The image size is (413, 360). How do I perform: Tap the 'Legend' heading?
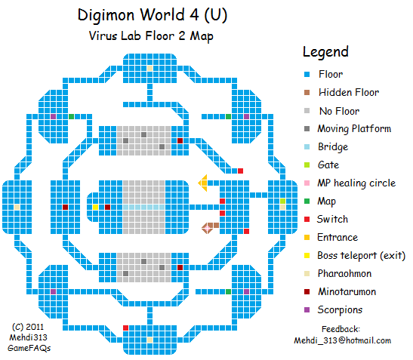325,52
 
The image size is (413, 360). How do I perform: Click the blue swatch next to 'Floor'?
306,75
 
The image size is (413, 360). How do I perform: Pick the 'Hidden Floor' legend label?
348,93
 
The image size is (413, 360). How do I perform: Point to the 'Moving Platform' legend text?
354,129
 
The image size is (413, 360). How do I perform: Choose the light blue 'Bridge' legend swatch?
306,147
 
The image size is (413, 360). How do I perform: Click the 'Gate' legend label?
328,165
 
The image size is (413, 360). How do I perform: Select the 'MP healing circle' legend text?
356,183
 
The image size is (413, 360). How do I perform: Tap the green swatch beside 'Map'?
306,202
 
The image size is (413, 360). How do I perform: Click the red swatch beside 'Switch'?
306,220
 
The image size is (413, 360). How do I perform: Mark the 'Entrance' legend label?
337,238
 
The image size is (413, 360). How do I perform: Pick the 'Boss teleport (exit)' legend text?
362,256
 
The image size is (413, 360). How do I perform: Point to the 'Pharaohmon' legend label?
346,274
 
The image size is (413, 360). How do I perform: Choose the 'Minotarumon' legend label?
347,292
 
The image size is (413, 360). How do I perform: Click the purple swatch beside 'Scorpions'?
306,310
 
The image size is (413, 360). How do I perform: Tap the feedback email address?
342,340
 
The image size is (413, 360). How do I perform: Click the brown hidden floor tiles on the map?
210,226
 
